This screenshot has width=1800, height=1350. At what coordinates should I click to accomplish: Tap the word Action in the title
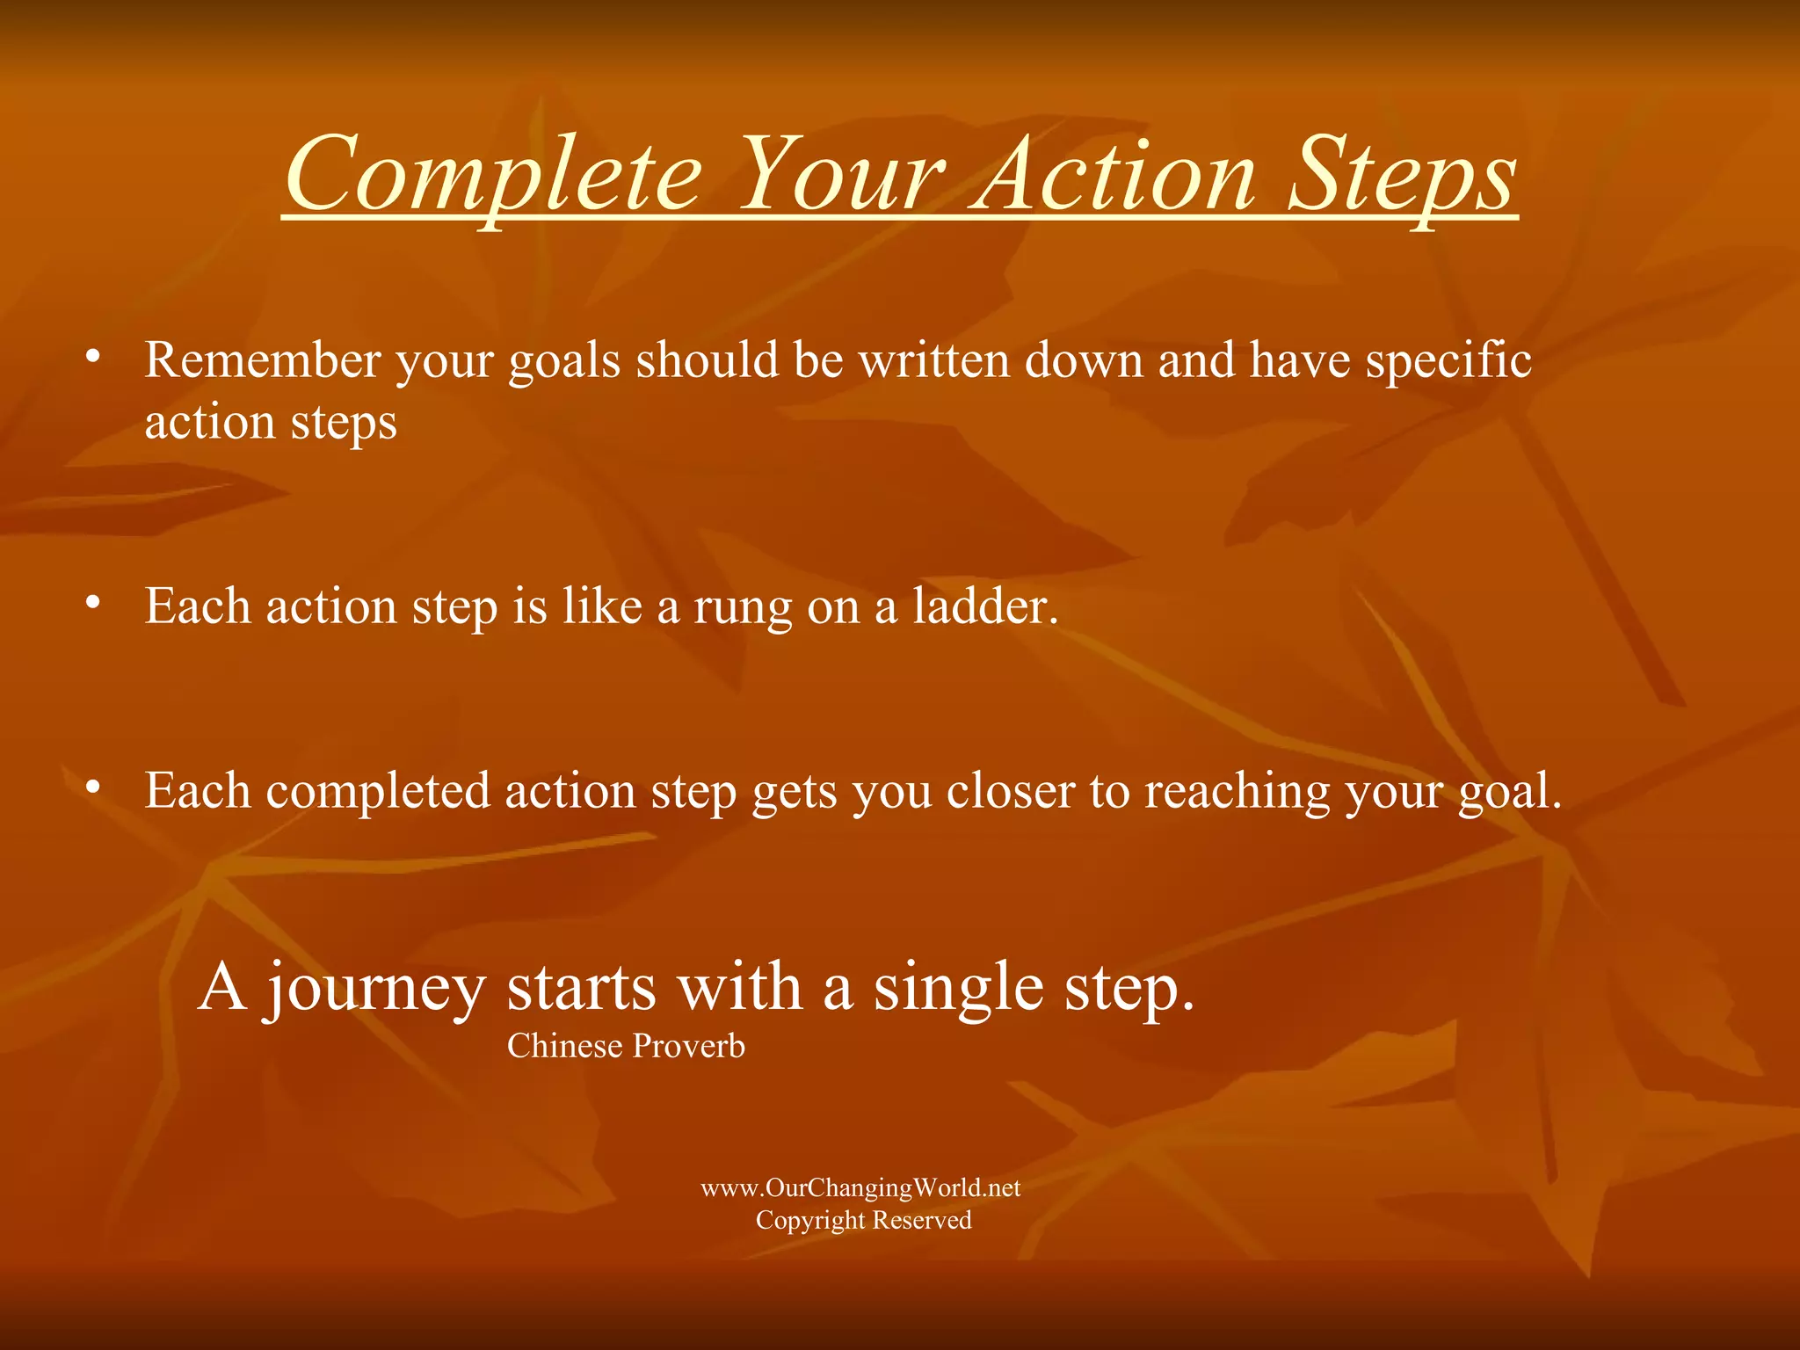[x=1113, y=176]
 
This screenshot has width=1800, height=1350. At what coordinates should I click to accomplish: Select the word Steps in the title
[x=1403, y=176]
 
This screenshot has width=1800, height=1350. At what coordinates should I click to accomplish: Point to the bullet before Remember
[x=92, y=357]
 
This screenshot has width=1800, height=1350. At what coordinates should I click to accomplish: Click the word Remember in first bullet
[x=263, y=360]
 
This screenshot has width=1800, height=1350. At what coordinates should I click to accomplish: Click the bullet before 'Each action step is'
[x=92, y=603]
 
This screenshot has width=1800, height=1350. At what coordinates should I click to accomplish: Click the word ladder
[x=984, y=606]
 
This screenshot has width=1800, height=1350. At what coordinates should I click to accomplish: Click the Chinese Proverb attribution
[x=626, y=1046]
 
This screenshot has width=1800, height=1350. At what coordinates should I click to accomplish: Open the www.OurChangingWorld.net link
[x=860, y=1188]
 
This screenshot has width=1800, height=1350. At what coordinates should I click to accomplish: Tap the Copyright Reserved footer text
[x=863, y=1221]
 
